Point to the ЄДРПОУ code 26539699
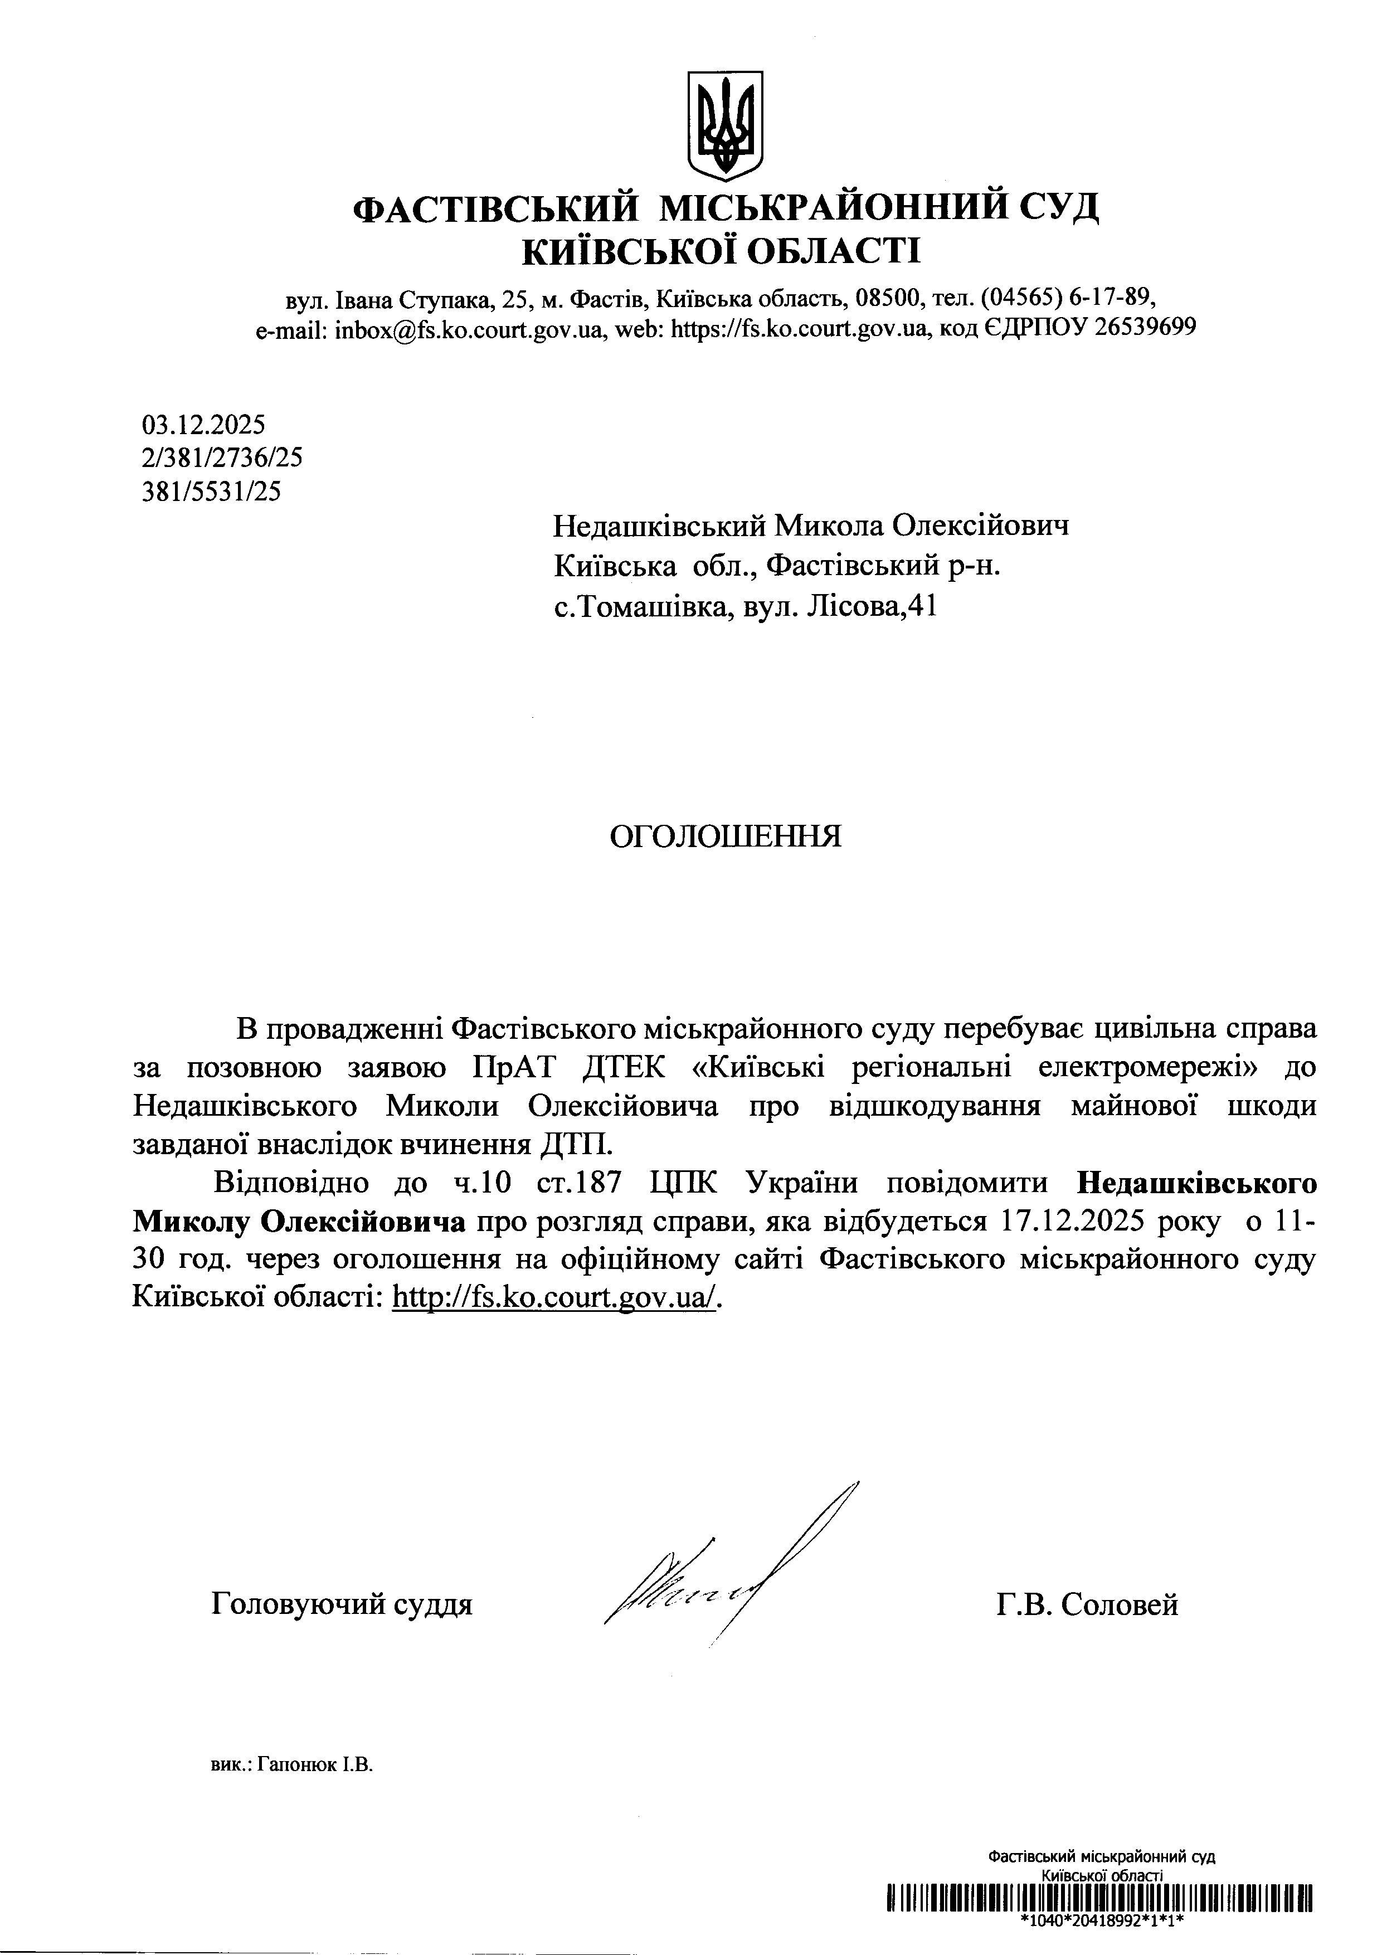point(1145,328)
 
